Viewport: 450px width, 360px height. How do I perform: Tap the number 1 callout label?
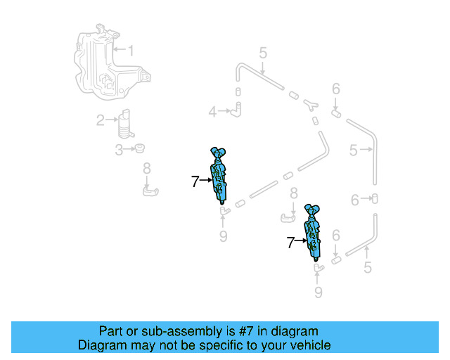tap(129, 50)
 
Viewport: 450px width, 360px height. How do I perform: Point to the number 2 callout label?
tap(101, 120)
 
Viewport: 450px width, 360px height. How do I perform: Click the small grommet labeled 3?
tap(140, 148)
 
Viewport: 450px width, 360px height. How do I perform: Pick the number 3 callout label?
tap(119, 149)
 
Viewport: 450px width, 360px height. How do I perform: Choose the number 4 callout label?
tap(212, 111)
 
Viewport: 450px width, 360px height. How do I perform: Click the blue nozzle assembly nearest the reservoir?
tap(219, 175)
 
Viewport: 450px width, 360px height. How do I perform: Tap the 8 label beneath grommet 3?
tap(146, 168)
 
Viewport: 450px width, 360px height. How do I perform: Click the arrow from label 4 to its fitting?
tap(225, 111)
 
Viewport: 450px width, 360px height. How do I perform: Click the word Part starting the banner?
tap(111, 331)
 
